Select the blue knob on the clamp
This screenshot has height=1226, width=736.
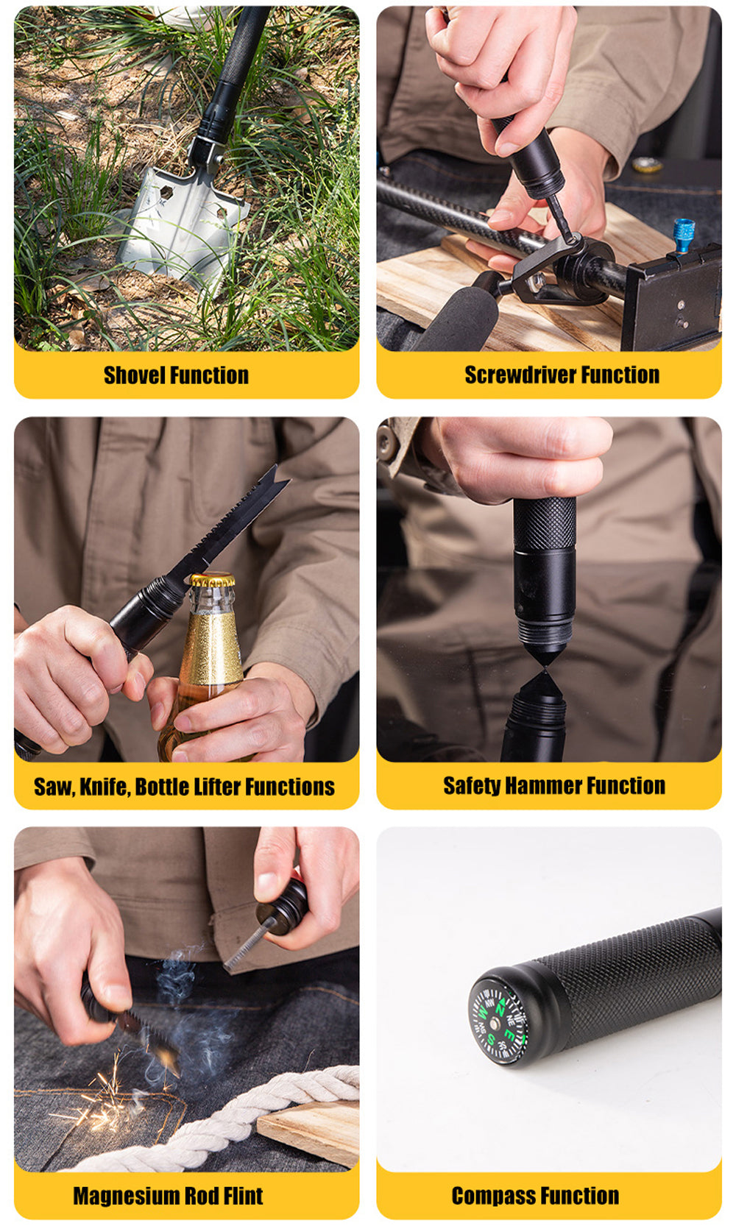[684, 235]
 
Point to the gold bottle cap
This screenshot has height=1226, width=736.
[213, 580]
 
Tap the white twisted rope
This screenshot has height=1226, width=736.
[219, 1116]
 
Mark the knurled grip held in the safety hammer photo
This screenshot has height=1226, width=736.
[545, 525]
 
